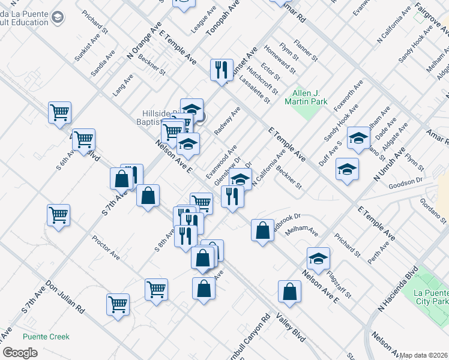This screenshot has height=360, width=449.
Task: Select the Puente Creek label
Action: click(x=46, y=337)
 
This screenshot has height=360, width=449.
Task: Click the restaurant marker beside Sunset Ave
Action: click(x=221, y=70)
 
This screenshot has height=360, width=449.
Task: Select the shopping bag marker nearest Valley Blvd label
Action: click(x=290, y=292)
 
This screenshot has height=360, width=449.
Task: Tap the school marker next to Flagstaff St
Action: click(x=318, y=259)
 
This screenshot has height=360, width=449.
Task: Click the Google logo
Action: click(x=20, y=353)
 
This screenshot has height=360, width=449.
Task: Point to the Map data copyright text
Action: click(x=424, y=355)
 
